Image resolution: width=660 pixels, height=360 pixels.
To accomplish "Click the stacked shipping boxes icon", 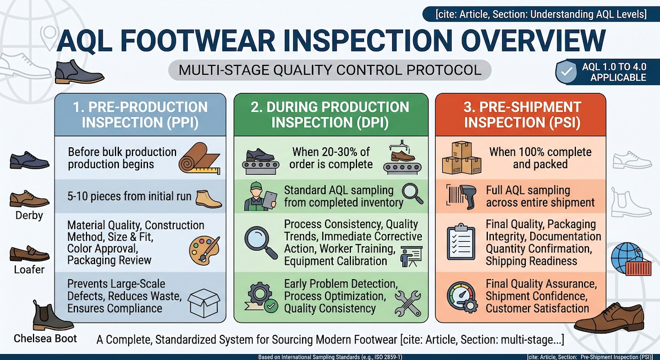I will tap(462, 157).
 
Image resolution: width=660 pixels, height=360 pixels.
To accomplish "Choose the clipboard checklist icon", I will tap(461, 242).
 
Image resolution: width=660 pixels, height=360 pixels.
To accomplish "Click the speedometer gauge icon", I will tap(462, 297).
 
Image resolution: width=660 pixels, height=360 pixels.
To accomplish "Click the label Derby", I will tap(29, 215).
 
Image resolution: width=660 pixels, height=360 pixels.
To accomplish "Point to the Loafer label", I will tap(29, 270).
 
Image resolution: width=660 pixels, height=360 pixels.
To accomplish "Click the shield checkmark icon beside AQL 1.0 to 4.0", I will tap(566, 71).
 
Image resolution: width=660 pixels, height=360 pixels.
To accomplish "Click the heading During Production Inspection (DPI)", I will tap(330, 114).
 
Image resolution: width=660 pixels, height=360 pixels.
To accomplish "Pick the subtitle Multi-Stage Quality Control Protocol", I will tap(330, 70).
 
